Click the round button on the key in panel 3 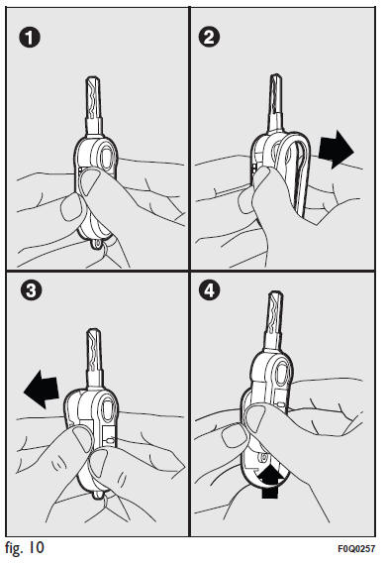pyautogui.click(x=104, y=409)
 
